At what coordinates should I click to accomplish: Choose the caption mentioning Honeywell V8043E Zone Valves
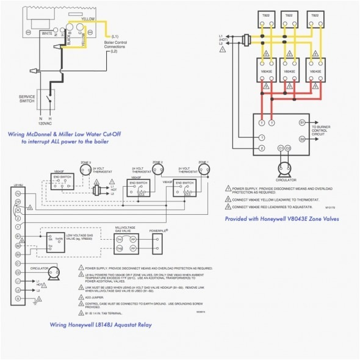pos(281,218)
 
